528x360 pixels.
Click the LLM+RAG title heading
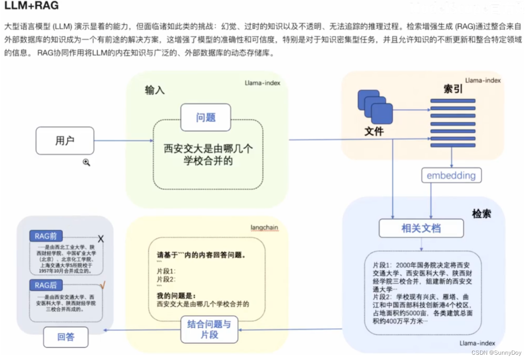point(31,6)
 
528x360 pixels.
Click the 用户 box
point(65,141)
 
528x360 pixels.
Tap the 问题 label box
point(205,117)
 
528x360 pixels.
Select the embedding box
point(451,175)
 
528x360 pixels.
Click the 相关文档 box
point(421,228)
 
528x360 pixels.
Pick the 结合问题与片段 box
point(209,330)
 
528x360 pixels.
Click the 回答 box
point(66,338)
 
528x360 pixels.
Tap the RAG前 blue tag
point(45,236)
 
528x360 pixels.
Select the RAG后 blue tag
point(45,286)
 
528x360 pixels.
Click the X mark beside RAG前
point(100,239)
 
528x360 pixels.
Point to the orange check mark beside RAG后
point(102,286)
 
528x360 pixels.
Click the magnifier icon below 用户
point(86,163)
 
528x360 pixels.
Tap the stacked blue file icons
point(375,107)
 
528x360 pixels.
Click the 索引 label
point(453,89)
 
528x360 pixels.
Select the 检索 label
point(481,214)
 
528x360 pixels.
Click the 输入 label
point(154,90)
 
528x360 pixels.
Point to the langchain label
point(264,227)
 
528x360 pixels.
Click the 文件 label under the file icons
point(374,131)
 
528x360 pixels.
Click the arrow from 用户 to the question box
point(123,141)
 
